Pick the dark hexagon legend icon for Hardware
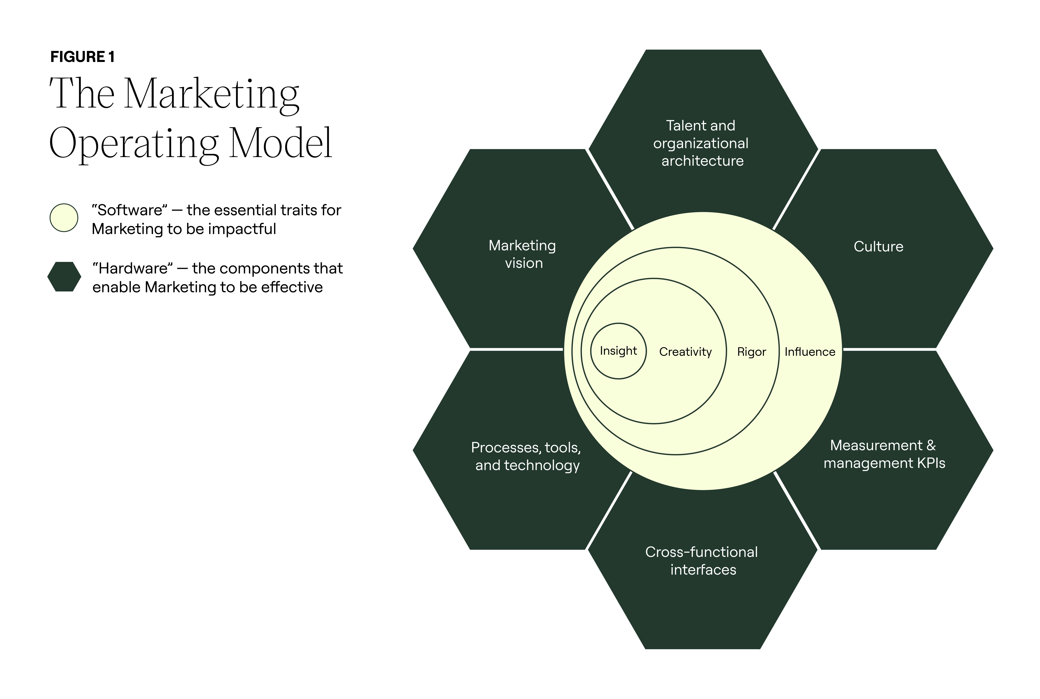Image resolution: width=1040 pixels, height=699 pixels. click(x=64, y=277)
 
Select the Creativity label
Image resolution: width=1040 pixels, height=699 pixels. click(x=685, y=352)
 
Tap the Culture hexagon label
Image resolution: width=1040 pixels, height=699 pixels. click(x=878, y=247)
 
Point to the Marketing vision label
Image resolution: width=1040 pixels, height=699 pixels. click(x=523, y=254)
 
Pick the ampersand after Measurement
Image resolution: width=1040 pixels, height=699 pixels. click(x=931, y=445)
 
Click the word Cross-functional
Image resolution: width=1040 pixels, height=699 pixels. click(x=701, y=552)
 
